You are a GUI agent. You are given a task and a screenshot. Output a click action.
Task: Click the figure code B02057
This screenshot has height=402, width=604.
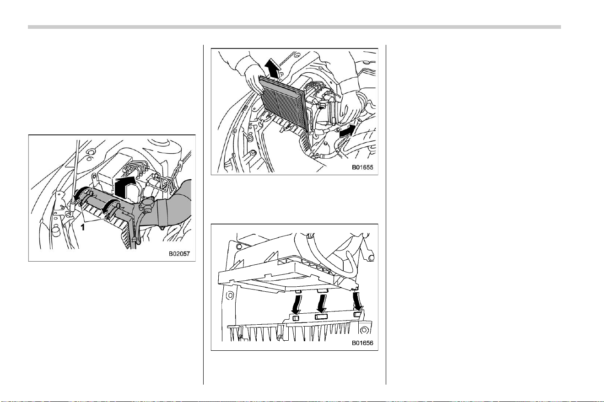[179, 254]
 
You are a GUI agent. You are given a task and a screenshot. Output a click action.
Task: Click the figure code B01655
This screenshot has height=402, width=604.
[362, 167]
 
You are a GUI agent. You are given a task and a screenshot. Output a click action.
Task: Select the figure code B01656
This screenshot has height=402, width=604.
[362, 343]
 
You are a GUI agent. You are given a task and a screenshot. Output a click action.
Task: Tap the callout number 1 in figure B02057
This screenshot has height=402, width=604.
[83, 227]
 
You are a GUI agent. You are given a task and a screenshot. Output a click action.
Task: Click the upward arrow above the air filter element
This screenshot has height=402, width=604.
[272, 69]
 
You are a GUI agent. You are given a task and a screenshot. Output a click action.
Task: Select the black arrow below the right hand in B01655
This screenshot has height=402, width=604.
[347, 131]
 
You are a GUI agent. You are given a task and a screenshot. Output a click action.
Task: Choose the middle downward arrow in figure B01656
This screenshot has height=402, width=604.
[322, 304]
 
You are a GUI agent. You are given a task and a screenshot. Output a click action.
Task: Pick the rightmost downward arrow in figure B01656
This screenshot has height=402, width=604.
[357, 302]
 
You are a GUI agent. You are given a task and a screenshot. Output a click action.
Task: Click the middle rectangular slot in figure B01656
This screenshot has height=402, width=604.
[321, 316]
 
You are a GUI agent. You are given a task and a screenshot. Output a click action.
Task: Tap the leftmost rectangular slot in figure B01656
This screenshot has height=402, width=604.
[296, 318]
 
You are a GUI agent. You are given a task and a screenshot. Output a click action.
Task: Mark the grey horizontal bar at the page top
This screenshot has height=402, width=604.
[294, 27]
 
